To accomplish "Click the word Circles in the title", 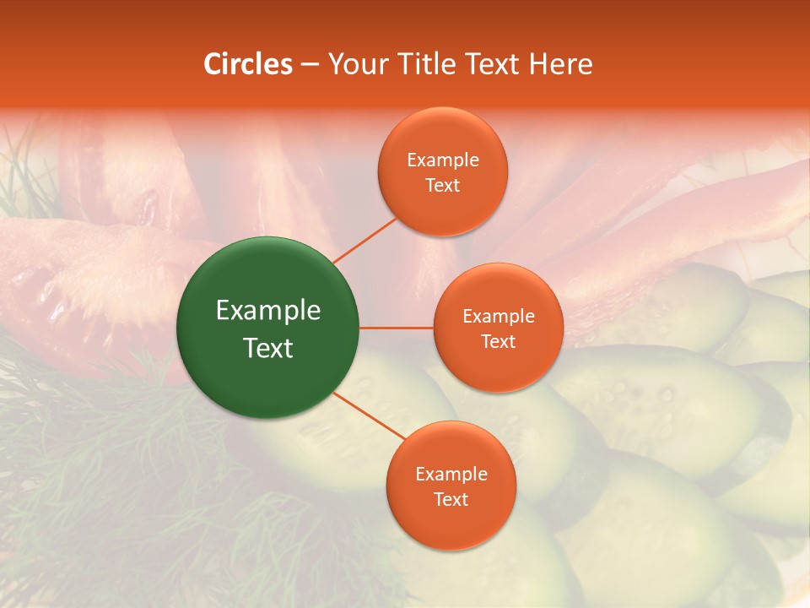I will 247,64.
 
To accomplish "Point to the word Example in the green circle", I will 268,311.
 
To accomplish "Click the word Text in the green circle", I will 268,348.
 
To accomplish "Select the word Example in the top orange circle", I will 443,160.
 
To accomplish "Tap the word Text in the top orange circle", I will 442,186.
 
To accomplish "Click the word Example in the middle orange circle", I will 499,317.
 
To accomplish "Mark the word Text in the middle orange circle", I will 498,342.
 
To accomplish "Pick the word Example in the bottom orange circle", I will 451,475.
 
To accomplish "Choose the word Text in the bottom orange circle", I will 451,500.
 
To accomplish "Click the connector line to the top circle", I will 364,240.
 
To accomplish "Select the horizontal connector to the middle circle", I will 397,328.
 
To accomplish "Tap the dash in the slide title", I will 310,65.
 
